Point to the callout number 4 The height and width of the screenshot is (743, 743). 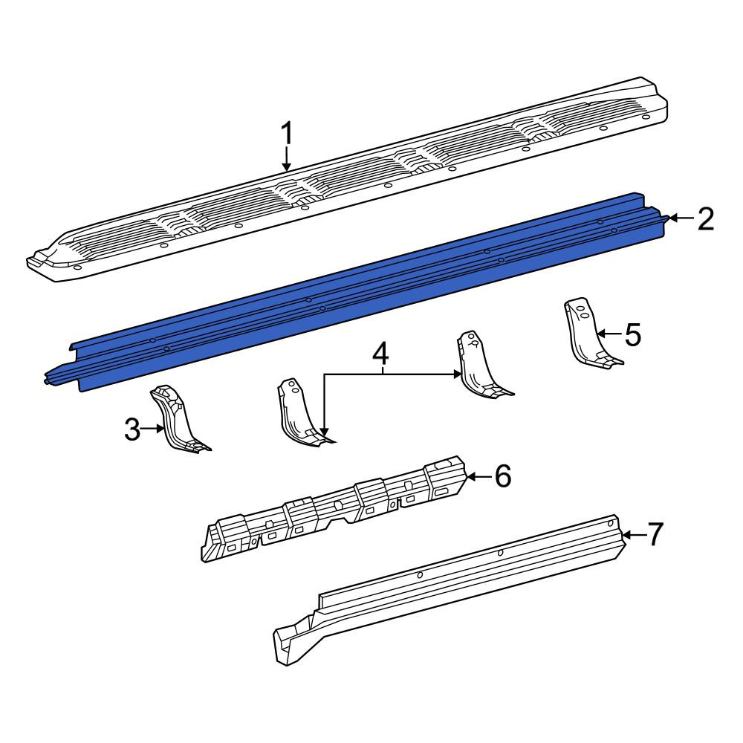pos(381,354)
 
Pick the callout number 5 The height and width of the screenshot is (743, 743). pos(632,334)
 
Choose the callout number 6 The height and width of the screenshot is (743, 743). pos(503,476)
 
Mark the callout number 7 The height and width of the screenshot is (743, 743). pos(655,534)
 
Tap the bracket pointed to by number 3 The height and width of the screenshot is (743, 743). pos(178,418)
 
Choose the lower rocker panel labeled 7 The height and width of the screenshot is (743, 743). pos(450,588)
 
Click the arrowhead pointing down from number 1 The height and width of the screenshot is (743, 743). pos(286,166)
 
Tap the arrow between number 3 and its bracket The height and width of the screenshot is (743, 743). pos(152,429)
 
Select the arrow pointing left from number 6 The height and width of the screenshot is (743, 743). pos(479,476)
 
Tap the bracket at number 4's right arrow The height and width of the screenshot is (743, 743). pos(484,364)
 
